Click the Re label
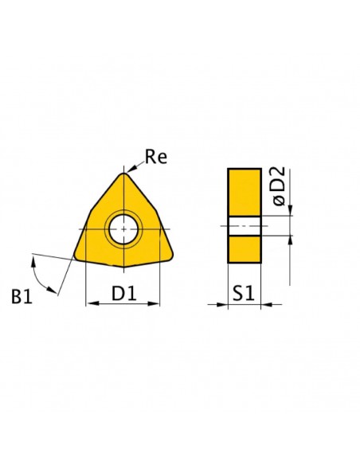pos(156,157)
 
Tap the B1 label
pos(22,296)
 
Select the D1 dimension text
pos(124,293)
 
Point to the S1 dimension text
pos(244,293)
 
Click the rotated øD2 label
pos(279,186)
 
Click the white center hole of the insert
pos(123,229)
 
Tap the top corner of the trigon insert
pos(123,174)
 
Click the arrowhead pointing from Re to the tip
pos(131,168)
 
